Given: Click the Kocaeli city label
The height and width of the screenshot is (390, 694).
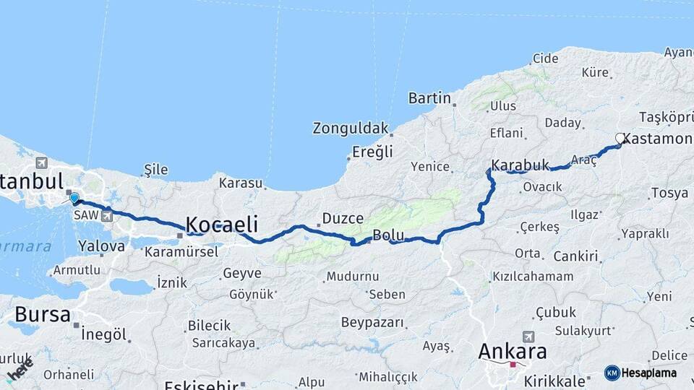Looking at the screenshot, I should (x=222, y=223).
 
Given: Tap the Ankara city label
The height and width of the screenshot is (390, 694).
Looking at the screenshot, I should (x=513, y=352).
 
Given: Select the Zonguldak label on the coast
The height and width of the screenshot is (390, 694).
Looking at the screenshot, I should (x=351, y=129).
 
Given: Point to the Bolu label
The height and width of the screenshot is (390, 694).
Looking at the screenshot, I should (x=387, y=235).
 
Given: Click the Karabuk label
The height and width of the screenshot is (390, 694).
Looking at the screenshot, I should (x=520, y=165).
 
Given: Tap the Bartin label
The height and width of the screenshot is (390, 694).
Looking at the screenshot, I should (x=429, y=98).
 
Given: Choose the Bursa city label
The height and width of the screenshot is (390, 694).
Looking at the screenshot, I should (x=43, y=315).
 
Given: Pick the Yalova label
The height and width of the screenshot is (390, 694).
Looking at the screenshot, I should (x=102, y=246).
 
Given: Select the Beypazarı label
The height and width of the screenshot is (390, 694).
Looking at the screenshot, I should (x=372, y=322).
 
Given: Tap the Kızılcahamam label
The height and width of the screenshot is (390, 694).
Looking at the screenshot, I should (x=533, y=277).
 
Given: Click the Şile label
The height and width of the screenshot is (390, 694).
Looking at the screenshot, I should (x=155, y=170).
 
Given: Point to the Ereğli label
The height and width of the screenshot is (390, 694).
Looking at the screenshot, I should (x=372, y=152).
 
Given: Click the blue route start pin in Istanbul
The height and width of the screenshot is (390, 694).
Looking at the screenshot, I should (x=74, y=197).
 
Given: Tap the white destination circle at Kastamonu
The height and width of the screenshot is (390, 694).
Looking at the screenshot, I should (x=620, y=137).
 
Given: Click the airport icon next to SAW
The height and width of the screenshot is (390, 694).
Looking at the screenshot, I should (x=108, y=214).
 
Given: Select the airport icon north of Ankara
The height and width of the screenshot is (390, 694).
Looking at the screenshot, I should (x=528, y=337).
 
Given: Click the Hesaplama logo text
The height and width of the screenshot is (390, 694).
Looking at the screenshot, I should (x=651, y=373).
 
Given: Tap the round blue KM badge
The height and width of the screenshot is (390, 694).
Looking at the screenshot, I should (x=612, y=373).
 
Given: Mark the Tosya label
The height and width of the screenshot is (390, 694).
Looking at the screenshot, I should (x=669, y=194).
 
